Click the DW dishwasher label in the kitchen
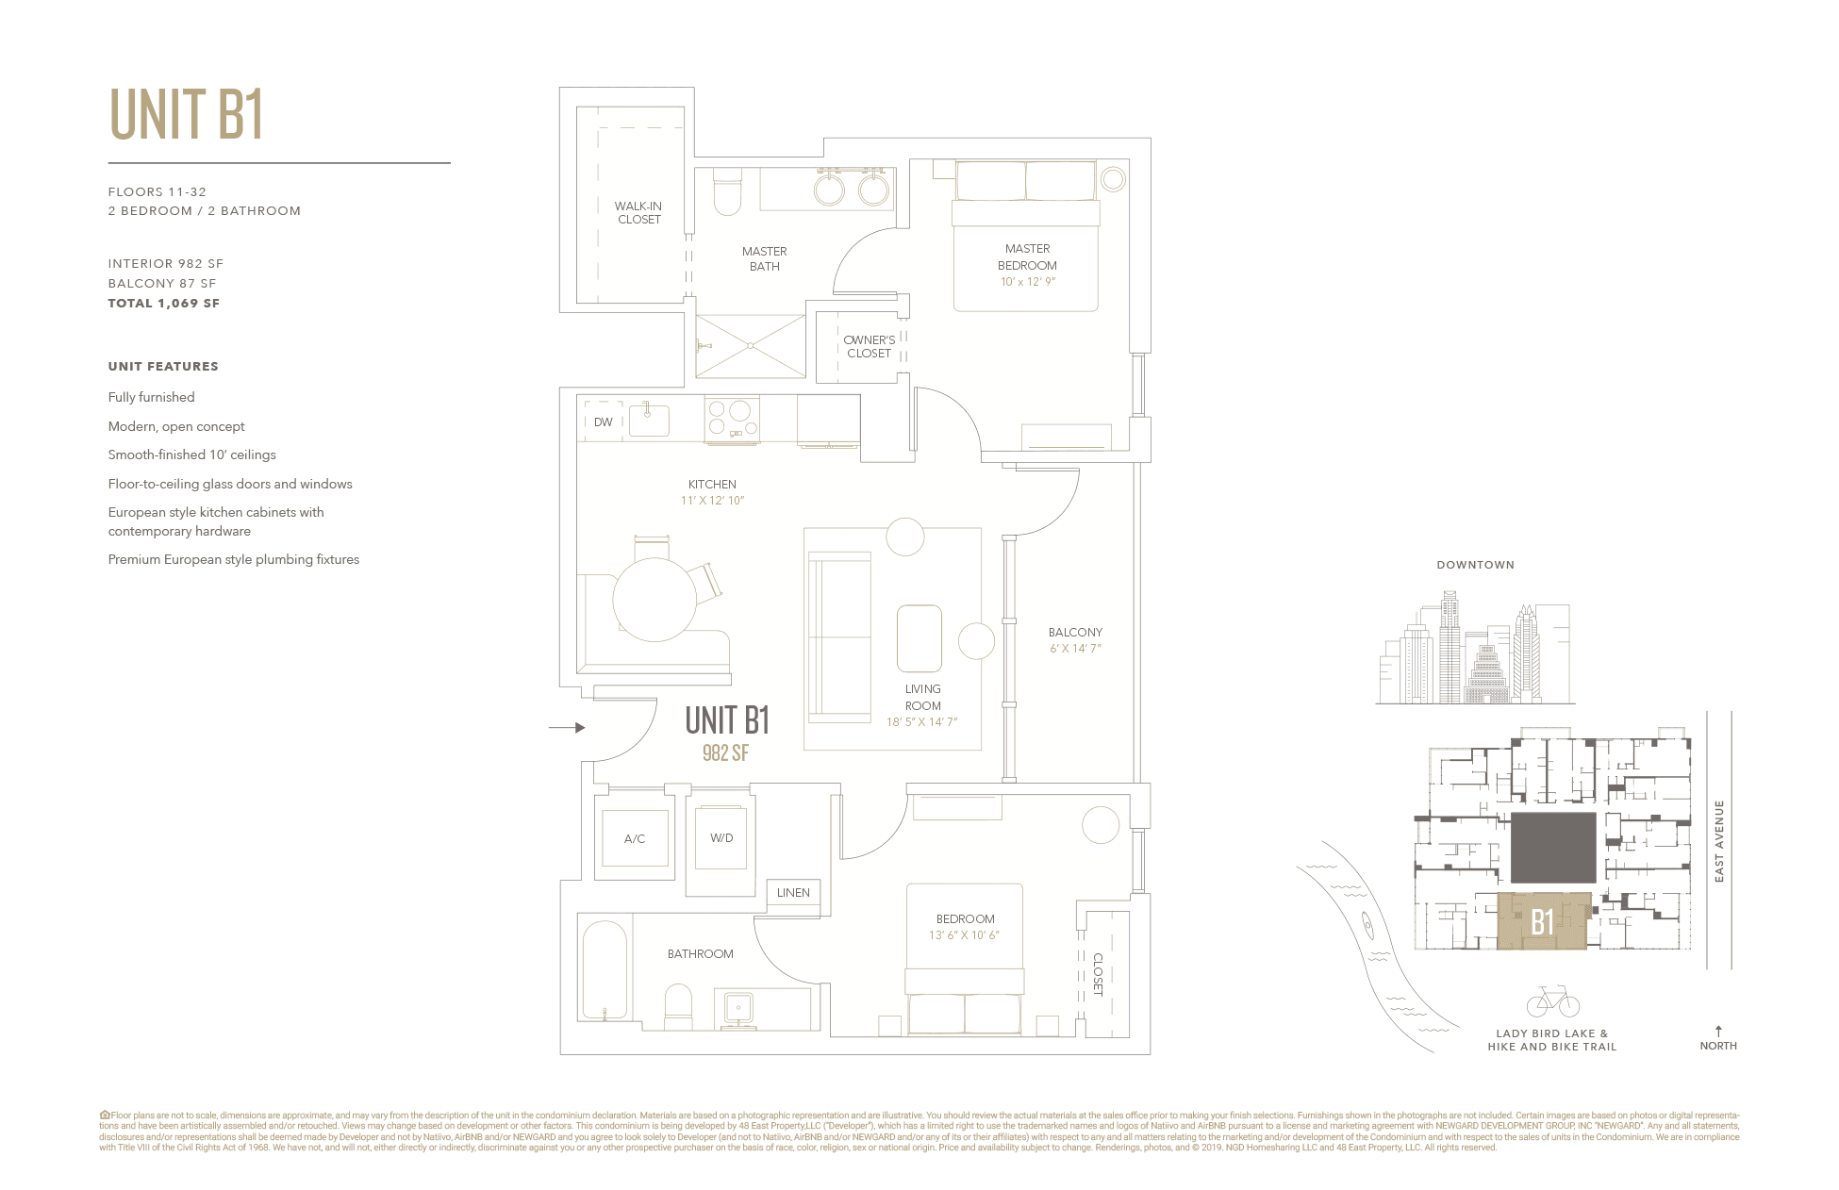[x=604, y=422]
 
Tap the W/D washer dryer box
[x=721, y=838]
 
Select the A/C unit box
[x=635, y=838]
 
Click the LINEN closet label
[x=793, y=893]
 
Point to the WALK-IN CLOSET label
[x=638, y=213]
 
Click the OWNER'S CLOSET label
[x=869, y=347]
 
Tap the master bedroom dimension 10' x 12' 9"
[x=1027, y=282]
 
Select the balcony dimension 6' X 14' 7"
[x=1075, y=649]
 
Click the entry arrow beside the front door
[x=568, y=728]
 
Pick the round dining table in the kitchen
[x=654, y=599]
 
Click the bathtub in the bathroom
[x=605, y=969]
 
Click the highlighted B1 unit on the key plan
[x=1543, y=921]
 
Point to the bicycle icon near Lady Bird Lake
[x=1552, y=1001]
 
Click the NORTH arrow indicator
[x=1718, y=1033]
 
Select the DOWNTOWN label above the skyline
[x=1475, y=566]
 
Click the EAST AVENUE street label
[x=1719, y=841]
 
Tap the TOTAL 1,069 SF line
[x=164, y=304]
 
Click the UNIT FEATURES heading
[x=163, y=367]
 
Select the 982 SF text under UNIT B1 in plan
[x=725, y=752]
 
